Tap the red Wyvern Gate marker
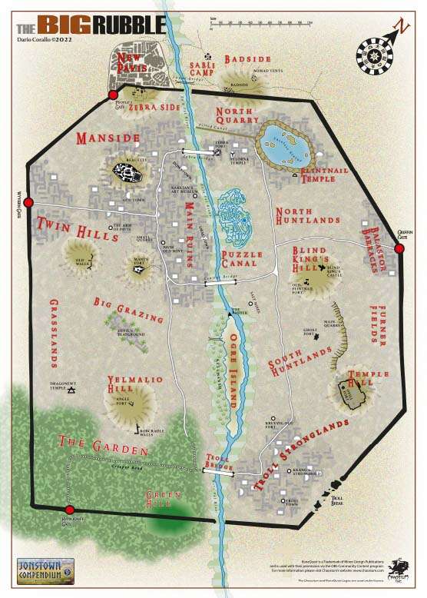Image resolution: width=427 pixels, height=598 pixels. click(x=28, y=203)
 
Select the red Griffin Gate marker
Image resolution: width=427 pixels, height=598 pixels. click(x=399, y=248)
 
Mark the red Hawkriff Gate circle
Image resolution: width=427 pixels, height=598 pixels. click(x=69, y=510)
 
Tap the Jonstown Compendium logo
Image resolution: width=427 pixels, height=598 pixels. click(x=45, y=570)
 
